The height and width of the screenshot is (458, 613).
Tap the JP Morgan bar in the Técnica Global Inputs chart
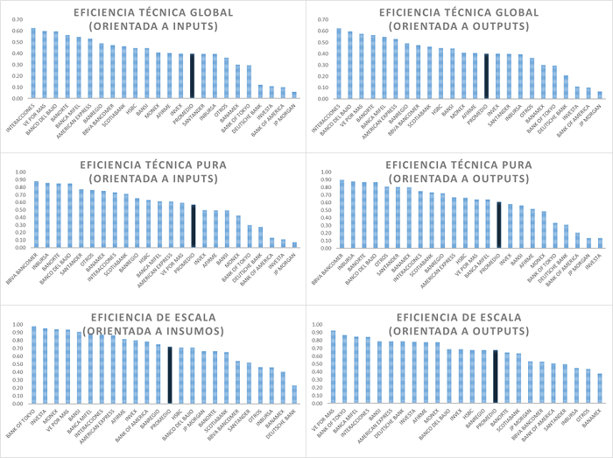tap(294, 95)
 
